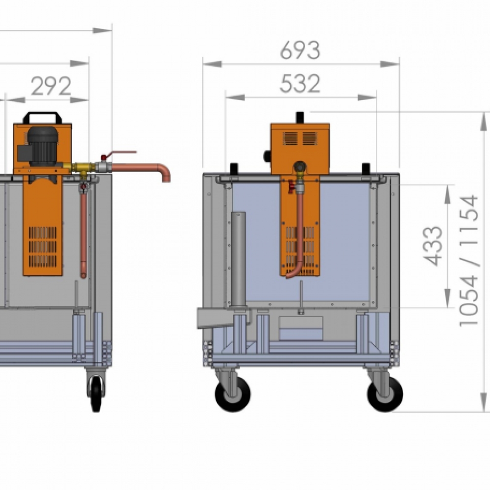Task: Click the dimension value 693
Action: pyautogui.click(x=300, y=50)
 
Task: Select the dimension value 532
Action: pyautogui.click(x=300, y=83)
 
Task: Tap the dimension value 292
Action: pyautogui.click(x=51, y=86)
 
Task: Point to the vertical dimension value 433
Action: pyautogui.click(x=433, y=246)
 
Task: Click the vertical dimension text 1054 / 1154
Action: pyautogui.click(x=469, y=261)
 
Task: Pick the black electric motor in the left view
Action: pyautogui.click(x=43, y=146)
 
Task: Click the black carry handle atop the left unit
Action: pyautogui.click(x=43, y=117)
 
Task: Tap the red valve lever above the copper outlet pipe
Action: pyautogui.click(x=119, y=154)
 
